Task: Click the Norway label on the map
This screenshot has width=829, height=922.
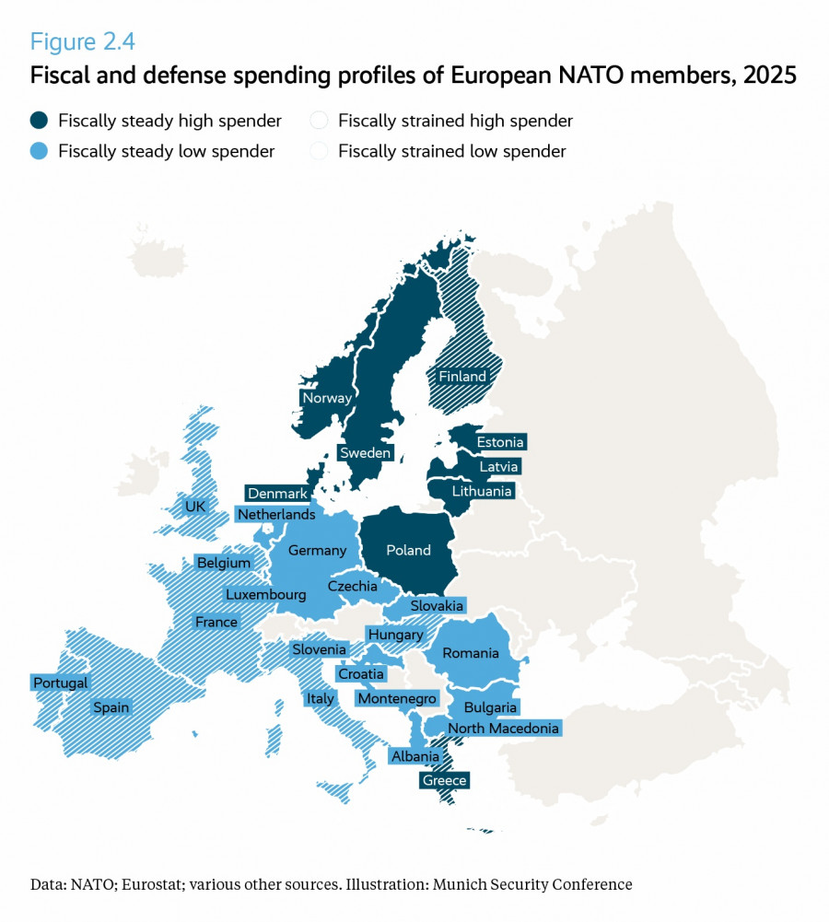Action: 327,398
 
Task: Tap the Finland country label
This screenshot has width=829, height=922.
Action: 462,376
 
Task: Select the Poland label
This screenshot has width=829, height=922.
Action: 408,550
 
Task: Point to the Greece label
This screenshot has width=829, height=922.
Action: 445,780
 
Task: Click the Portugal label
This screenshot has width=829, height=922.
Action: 61,683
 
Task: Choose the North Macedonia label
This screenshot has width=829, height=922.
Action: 503,729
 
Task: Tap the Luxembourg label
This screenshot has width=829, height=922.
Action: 265,594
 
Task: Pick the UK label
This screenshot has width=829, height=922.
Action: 195,506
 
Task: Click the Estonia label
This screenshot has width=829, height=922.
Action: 500,442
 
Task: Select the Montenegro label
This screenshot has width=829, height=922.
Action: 397,699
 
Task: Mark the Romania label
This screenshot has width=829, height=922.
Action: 470,653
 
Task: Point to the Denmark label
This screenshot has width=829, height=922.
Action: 277,494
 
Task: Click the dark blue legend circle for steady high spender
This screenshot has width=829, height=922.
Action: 40,121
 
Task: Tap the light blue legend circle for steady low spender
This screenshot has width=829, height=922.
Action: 40,151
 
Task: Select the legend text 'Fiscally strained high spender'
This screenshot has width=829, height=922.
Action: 455,121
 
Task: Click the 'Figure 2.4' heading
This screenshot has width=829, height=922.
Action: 83,41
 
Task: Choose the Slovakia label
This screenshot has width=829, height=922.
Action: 437,605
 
